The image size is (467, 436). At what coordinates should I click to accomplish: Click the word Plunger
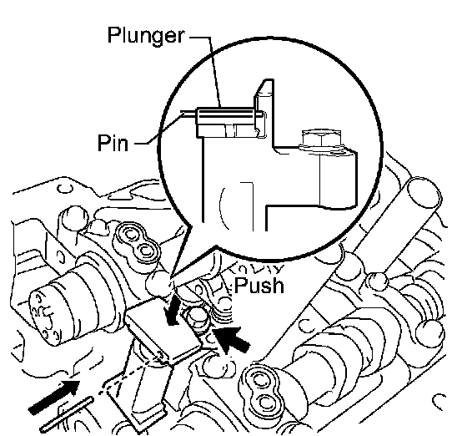click(x=146, y=36)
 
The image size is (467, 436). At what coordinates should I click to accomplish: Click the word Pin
click(x=113, y=143)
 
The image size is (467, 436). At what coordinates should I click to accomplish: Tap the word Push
click(x=259, y=286)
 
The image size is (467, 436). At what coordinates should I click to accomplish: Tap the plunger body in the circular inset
click(x=225, y=122)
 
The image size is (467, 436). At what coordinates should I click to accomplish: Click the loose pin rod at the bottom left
click(x=68, y=414)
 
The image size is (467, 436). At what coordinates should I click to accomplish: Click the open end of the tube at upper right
click(x=424, y=192)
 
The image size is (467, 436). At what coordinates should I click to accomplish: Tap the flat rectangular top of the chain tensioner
click(x=163, y=330)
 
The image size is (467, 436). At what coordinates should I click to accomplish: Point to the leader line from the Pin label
click(x=158, y=129)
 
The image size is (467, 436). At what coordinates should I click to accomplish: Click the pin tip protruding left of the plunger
click(x=188, y=114)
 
